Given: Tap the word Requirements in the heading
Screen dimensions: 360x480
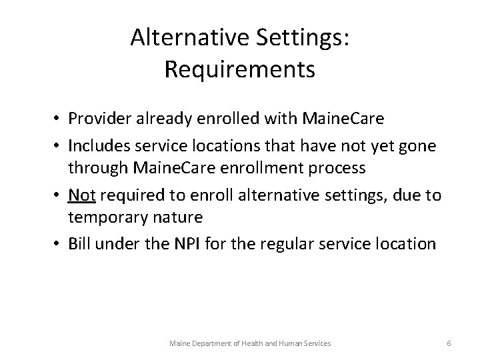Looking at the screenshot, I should coord(239,69).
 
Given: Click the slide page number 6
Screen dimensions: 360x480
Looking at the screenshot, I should coord(449,343).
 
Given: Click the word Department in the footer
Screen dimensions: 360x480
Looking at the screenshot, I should coord(211,343).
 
